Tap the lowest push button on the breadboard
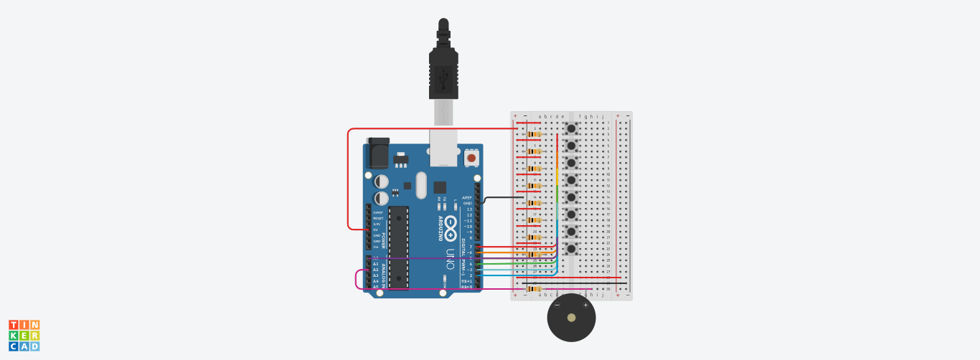(x=571, y=249)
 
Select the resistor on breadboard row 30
(x=534, y=289)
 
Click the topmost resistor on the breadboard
(x=534, y=134)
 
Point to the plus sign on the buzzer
(x=585, y=305)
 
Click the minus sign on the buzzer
(x=557, y=305)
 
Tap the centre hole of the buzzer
(x=571, y=318)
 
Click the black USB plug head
(x=443, y=72)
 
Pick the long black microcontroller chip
(x=398, y=247)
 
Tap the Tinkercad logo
(x=24, y=336)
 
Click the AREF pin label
(x=467, y=197)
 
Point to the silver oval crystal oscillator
(x=420, y=185)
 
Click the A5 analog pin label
(x=375, y=287)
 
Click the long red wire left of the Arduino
(x=348, y=179)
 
